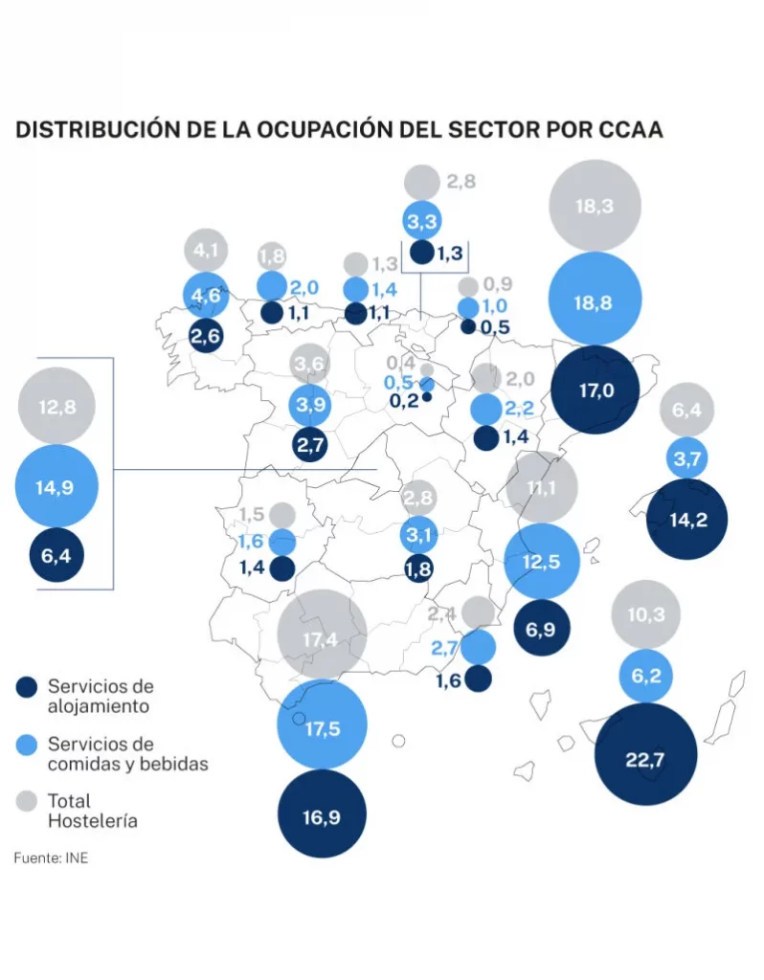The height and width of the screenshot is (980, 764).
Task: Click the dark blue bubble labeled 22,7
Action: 645,760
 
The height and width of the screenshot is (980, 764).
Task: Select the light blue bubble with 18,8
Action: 595,301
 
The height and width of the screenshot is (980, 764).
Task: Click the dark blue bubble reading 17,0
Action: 595,390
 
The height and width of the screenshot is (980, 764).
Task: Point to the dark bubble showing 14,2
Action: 685,520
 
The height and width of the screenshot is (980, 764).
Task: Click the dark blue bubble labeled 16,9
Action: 322,813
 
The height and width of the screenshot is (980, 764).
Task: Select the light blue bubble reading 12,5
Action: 542,562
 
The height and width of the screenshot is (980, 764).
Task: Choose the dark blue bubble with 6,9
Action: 542,628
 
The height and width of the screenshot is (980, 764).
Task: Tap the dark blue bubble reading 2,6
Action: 207,336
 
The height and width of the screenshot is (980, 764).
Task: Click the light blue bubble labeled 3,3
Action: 421,222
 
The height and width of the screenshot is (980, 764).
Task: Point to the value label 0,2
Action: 403,400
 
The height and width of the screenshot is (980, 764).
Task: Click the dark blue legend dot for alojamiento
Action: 28,686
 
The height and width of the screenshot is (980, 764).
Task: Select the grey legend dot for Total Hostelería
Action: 28,800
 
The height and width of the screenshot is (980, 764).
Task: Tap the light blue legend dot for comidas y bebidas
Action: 28,744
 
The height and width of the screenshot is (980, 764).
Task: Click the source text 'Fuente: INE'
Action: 51,857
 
